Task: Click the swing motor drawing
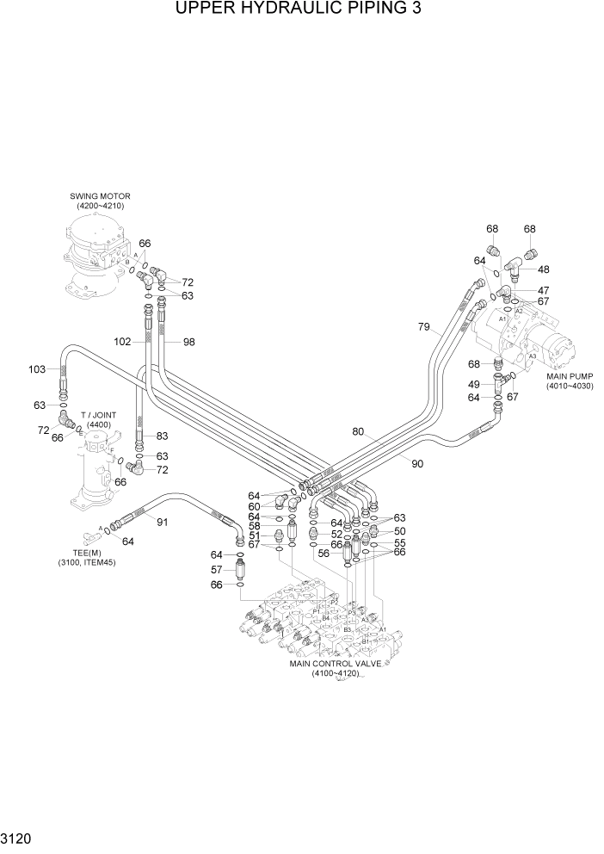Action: (x=93, y=257)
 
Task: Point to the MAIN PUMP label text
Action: (x=570, y=381)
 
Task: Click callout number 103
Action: (x=37, y=369)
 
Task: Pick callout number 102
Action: (x=123, y=342)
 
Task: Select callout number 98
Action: (x=188, y=342)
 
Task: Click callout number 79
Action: (x=423, y=326)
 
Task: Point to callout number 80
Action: (x=358, y=431)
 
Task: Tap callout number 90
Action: (x=417, y=464)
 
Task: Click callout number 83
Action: (x=162, y=436)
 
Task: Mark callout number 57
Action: (x=218, y=570)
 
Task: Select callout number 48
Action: (x=544, y=269)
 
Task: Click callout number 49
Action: (x=473, y=384)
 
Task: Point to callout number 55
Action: (x=399, y=544)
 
